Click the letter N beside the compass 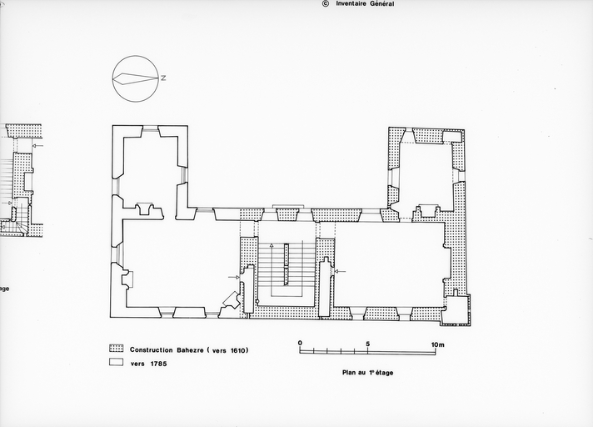pyautogui.click(x=163, y=78)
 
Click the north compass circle pyautogui.click(x=135, y=56)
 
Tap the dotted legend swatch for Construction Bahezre pyautogui.click(x=116, y=349)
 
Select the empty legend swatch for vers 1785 pyautogui.click(x=116, y=362)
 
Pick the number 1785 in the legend pyautogui.click(x=158, y=364)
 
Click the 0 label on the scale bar pyautogui.click(x=300, y=344)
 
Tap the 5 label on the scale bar pyautogui.click(x=367, y=344)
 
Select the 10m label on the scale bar pyautogui.click(x=438, y=345)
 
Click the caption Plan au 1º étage pyautogui.click(x=367, y=373)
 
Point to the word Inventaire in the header pyautogui.click(x=350, y=4)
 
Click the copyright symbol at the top pyautogui.click(x=326, y=4)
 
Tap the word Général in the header pyautogui.click(x=381, y=4)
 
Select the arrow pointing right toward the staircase pyautogui.click(x=234, y=277)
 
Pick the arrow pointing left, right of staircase pyautogui.click(x=341, y=271)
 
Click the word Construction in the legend pyautogui.click(x=152, y=349)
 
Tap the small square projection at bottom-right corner pyautogui.click(x=456, y=309)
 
